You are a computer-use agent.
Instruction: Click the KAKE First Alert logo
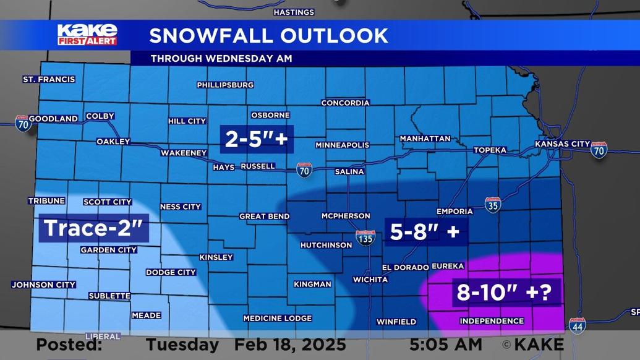click(87, 35)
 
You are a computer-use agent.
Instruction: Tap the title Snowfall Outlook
click(268, 35)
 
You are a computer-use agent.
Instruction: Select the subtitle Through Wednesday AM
click(221, 59)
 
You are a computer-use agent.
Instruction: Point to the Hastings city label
click(294, 12)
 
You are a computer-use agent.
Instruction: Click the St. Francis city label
click(49, 79)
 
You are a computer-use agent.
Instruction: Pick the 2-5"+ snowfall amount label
click(257, 139)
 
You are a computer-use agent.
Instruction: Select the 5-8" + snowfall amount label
click(425, 232)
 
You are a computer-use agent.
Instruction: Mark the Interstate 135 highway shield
click(365, 237)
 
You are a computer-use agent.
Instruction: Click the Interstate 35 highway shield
click(492, 205)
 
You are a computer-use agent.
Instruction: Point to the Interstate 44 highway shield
click(577, 324)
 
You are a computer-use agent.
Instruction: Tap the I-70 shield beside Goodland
click(22, 122)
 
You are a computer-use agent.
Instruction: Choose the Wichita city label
click(370, 280)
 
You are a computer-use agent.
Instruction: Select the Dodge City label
click(171, 272)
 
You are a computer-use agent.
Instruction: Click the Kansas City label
click(562, 144)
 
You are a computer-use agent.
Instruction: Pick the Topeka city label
click(490, 150)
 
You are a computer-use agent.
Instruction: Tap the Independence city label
click(492, 321)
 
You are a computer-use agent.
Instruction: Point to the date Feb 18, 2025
click(290, 344)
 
